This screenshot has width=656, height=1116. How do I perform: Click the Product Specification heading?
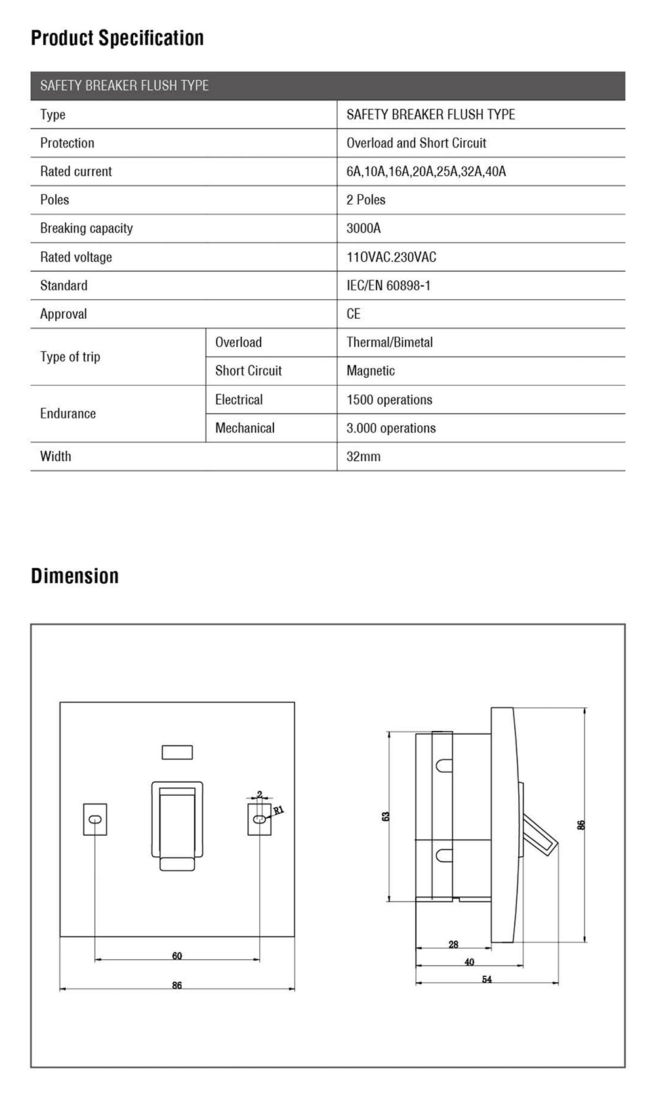pyautogui.click(x=117, y=38)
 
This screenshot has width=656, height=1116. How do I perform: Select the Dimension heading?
pyautogui.click(x=75, y=576)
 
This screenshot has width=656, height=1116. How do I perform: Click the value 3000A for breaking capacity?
pyautogui.click(x=363, y=228)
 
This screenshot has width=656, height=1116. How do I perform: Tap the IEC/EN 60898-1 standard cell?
pyautogui.click(x=388, y=285)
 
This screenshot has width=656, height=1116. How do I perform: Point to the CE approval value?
pyautogui.click(x=354, y=314)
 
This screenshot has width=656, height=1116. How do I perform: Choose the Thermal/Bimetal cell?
pyautogui.click(x=390, y=342)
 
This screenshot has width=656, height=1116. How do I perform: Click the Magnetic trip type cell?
pyautogui.click(x=371, y=371)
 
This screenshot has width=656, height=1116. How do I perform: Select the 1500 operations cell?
pyautogui.click(x=389, y=400)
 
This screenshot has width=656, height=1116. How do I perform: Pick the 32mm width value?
pyautogui.click(x=363, y=457)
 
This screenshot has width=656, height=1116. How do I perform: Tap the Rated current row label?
pyautogui.click(x=76, y=171)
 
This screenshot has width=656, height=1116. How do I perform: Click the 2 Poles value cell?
pyautogui.click(x=366, y=199)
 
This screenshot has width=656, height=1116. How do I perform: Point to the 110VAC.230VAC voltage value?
pyautogui.click(x=391, y=257)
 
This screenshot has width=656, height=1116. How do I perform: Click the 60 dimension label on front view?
pyautogui.click(x=177, y=956)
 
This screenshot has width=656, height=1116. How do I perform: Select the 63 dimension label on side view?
pyautogui.click(x=386, y=816)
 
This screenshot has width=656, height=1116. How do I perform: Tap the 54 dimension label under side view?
pyautogui.click(x=487, y=980)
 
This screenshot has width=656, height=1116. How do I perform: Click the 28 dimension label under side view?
pyautogui.click(x=453, y=945)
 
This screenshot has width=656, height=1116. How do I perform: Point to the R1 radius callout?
pyautogui.click(x=278, y=810)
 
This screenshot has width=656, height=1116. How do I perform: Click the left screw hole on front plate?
pyautogui.click(x=95, y=819)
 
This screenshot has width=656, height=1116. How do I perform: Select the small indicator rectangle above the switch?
pyautogui.click(x=177, y=752)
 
